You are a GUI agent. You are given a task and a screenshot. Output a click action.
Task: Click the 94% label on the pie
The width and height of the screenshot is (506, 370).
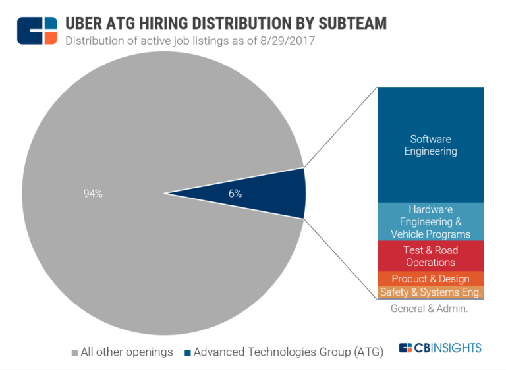92,194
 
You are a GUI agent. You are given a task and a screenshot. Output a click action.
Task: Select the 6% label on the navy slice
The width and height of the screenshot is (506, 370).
235,194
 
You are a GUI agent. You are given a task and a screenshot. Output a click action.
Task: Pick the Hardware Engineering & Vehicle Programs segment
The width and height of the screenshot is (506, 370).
430,222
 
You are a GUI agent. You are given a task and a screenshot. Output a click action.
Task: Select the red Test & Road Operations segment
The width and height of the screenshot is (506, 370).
430,256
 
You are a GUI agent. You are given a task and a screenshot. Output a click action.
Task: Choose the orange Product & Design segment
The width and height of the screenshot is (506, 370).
430,279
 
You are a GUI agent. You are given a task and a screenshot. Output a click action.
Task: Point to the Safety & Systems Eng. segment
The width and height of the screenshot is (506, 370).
430,292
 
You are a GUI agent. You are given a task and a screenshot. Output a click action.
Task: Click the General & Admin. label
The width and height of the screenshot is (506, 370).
429,308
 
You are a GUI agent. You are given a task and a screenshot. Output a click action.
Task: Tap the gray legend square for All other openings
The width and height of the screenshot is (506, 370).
74,352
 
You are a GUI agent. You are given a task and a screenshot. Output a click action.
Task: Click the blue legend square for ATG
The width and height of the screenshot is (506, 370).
188,352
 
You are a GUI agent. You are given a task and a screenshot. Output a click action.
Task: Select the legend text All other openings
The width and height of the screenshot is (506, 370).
126,352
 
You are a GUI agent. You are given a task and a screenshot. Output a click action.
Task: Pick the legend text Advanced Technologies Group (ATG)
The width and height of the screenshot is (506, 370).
288,352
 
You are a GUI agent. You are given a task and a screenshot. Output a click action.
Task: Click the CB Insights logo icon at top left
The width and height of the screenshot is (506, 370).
37,30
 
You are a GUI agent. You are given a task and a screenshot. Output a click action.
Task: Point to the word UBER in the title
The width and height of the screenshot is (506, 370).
85,24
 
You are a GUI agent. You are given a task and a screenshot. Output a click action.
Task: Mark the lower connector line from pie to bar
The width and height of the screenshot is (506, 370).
340,259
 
